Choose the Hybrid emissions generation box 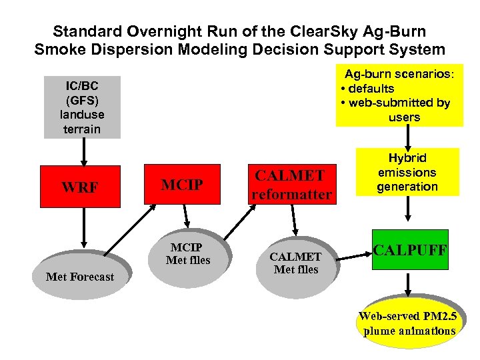click(407, 171)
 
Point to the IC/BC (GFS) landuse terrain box click(82, 107)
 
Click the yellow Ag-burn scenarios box click(399, 95)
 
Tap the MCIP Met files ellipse click(187, 255)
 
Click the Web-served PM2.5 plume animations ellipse click(407, 325)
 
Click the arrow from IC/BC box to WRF click(83, 152)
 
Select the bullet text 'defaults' click(371, 89)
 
